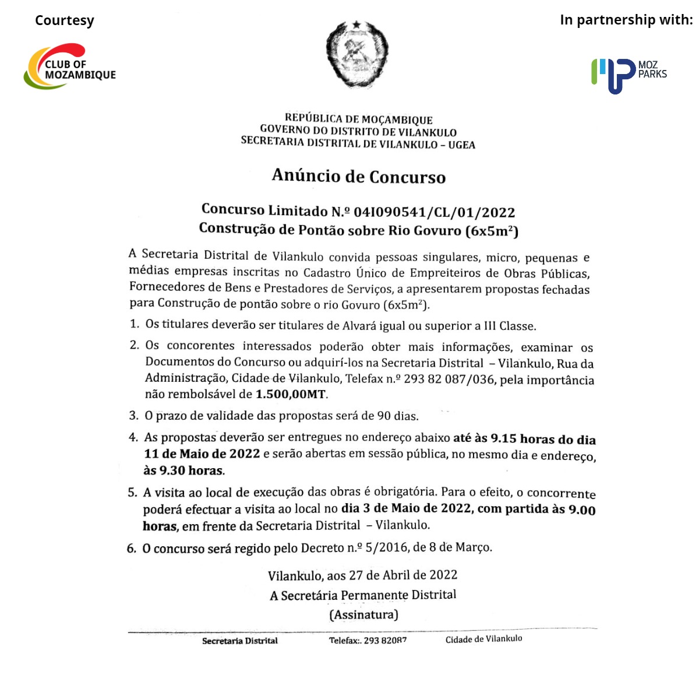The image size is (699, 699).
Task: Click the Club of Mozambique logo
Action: (x=69, y=66)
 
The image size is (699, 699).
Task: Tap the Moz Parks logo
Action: (x=629, y=75)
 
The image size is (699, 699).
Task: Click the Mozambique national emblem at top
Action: (x=356, y=54)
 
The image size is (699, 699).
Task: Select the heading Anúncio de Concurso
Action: (x=358, y=176)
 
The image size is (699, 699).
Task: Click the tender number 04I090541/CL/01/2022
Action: (x=434, y=212)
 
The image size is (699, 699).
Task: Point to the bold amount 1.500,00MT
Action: (x=291, y=395)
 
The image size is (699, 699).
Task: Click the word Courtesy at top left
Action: (x=64, y=20)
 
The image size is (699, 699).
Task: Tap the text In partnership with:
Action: (x=626, y=20)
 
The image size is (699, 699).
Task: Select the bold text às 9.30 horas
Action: (x=184, y=470)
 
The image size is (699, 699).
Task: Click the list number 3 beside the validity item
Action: (x=133, y=416)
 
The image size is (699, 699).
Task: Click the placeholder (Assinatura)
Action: (x=363, y=614)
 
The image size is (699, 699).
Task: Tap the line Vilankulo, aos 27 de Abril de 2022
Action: (x=362, y=575)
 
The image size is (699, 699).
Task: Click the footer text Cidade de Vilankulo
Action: (x=483, y=639)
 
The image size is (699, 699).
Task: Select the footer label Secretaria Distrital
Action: (x=239, y=641)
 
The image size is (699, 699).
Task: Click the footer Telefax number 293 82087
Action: (x=385, y=640)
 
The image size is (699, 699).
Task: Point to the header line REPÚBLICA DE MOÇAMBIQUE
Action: (x=358, y=120)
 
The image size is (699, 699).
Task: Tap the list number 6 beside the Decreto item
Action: (x=131, y=549)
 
